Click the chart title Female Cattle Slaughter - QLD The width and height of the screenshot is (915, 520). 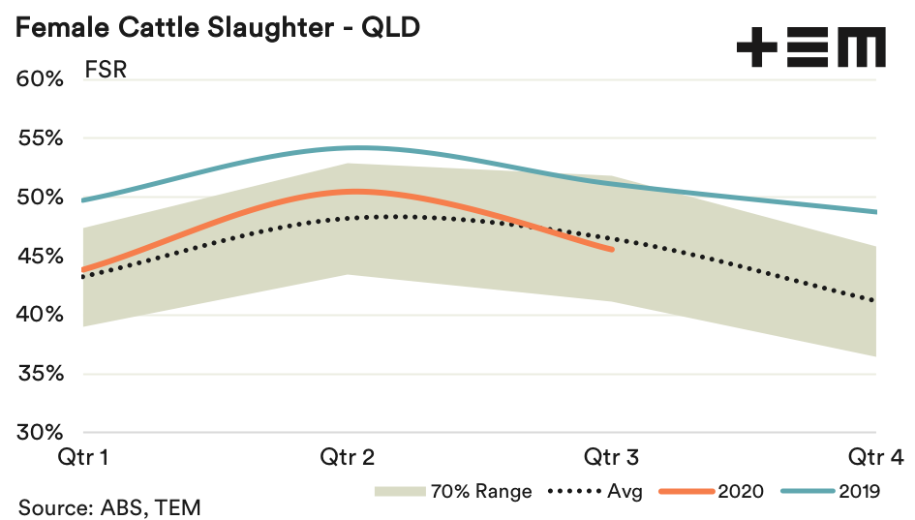[218, 27]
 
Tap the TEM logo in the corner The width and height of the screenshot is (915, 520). [810, 47]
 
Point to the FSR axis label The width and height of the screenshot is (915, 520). [106, 73]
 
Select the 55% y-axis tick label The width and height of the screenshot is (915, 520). [40, 138]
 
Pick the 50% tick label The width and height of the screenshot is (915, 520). [40, 198]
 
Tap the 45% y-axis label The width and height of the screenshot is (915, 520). [40, 257]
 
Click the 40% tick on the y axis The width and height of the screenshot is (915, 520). [40, 315]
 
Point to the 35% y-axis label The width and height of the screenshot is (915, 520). [40, 374]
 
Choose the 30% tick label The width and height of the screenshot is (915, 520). [40, 433]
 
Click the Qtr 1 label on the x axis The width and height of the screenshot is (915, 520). [82, 456]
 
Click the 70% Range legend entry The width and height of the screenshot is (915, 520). [454, 491]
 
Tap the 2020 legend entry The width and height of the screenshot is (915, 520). [713, 491]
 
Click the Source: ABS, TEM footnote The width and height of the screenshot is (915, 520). [108, 506]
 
